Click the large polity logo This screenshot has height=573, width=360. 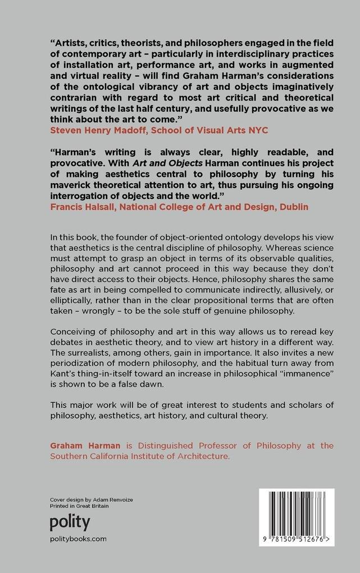[x=70, y=522]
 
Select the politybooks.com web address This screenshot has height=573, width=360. [x=78, y=538]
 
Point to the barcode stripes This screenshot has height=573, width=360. [x=296, y=512]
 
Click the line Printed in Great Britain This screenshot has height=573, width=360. [x=79, y=506]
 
